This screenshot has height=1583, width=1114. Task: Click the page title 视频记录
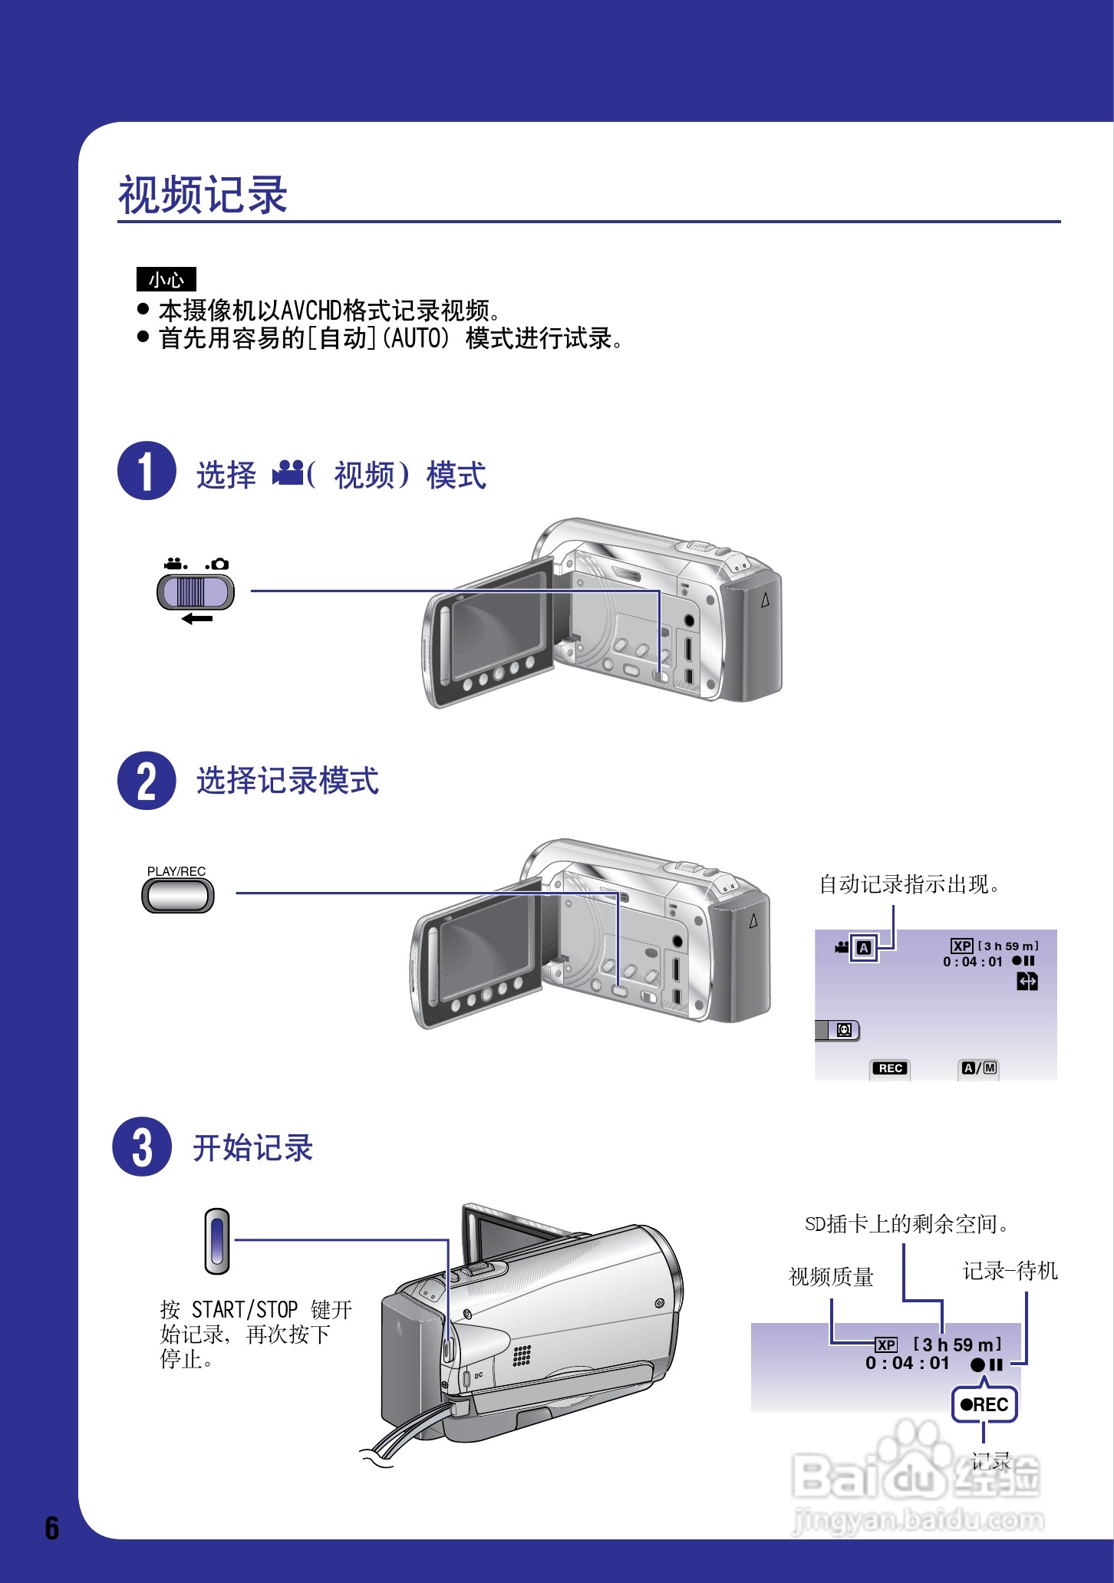pos(203,195)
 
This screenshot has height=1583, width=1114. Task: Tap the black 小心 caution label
pos(166,279)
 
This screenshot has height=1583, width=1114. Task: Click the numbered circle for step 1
pos(147,471)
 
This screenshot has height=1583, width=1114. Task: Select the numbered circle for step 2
pos(147,781)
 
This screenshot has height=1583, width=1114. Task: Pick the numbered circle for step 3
pos(142,1147)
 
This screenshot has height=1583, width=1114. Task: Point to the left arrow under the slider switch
pos(197,619)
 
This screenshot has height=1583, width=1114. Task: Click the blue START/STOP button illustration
pos(217,1241)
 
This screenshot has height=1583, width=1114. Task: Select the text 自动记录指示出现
pos(909,884)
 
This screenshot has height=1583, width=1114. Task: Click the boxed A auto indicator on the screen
pos(864,948)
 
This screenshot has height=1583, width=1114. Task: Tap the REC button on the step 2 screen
pos(890,1068)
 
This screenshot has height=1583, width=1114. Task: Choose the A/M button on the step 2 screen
pos(980,1068)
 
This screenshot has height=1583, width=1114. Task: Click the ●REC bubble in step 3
pos(984,1404)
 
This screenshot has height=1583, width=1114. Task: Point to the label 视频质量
pos(831,1277)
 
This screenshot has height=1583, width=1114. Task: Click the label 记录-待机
pos(1010,1271)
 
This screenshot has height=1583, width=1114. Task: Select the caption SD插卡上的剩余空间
pos(906,1224)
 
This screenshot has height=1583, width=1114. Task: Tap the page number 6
pos(51,1528)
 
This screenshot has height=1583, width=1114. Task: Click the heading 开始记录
pos(252,1148)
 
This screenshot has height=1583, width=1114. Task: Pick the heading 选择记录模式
pos(288,781)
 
